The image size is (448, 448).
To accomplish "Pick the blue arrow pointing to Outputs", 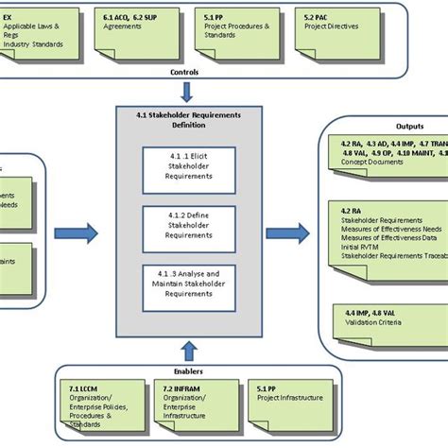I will pyautogui.click(x=286, y=233).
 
